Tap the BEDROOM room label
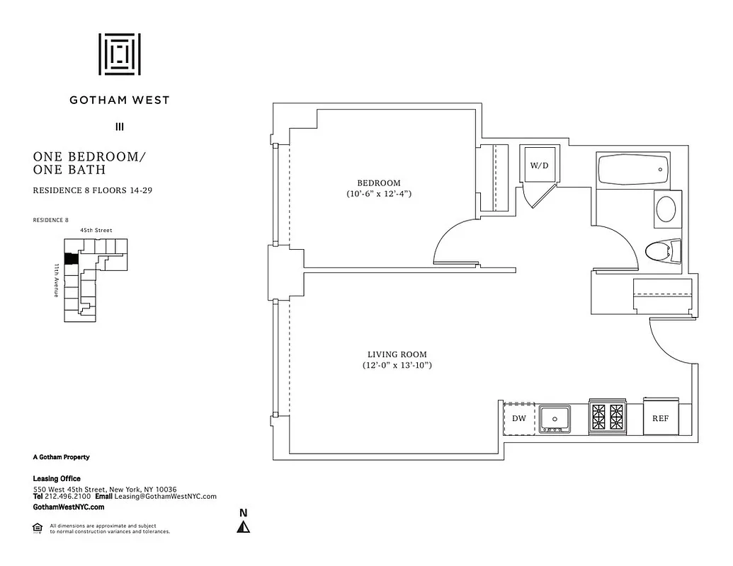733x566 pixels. coord(379,183)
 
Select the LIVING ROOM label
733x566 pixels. coord(397,354)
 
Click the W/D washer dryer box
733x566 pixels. coord(540,165)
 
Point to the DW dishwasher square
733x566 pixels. coord(519,418)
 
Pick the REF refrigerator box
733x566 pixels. coord(660,418)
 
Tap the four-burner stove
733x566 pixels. coord(608,418)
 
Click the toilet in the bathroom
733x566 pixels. coord(664,250)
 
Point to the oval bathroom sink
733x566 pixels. coord(666,209)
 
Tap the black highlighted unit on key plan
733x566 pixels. coord(70,259)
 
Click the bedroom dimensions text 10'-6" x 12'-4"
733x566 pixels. coord(379,193)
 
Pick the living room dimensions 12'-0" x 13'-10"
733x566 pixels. coord(397,365)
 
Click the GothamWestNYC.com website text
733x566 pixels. coord(69,507)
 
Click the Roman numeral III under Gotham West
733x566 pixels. coord(119,127)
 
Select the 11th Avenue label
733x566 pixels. coord(56,280)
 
